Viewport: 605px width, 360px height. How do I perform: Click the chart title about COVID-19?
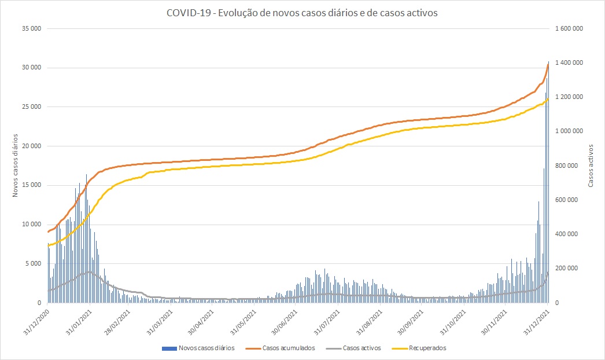[x=302, y=13]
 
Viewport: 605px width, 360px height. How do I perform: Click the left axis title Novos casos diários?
[x=17, y=166]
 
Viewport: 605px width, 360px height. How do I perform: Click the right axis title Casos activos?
[x=591, y=166]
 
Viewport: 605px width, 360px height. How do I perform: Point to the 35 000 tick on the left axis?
[x=31, y=28]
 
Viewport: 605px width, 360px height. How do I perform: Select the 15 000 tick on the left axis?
[x=31, y=185]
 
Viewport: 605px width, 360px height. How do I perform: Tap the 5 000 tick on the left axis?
[x=33, y=264]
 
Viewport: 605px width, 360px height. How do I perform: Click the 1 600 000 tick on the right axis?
[x=569, y=28]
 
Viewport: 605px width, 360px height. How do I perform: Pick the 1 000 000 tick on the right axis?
[x=569, y=131]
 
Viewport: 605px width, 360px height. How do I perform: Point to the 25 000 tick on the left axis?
[x=31, y=107]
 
